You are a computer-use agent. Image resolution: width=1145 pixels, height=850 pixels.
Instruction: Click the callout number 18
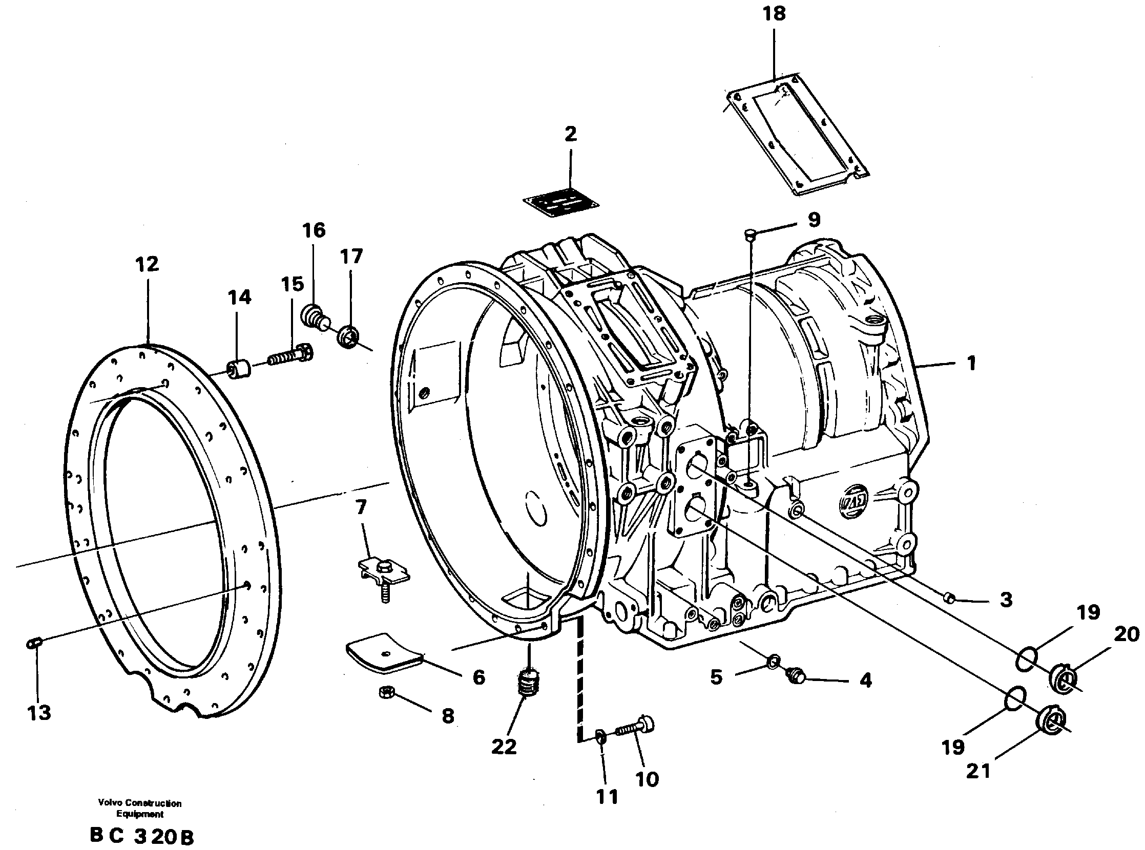pyautogui.click(x=774, y=14)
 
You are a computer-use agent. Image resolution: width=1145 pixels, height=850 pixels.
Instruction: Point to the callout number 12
pyautogui.click(x=147, y=264)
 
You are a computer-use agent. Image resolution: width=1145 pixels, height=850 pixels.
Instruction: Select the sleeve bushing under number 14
pyautogui.click(x=238, y=370)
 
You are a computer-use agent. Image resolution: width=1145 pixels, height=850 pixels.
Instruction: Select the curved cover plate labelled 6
pyautogui.click(x=384, y=652)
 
